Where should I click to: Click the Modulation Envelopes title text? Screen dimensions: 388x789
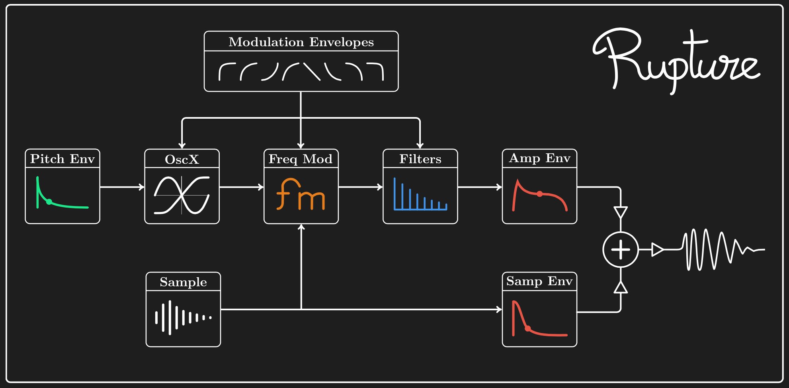[301, 42]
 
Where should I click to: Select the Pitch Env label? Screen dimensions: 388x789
[62, 159]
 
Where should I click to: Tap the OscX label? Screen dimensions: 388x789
[182, 159]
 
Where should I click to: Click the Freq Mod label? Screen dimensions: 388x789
[301, 159]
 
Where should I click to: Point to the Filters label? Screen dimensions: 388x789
[420, 159]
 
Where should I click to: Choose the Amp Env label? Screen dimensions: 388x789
[539, 158]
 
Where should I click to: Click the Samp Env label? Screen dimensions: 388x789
[539, 281]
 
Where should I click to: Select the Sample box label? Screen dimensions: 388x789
[183, 282]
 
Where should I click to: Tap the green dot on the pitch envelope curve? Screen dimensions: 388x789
[49, 202]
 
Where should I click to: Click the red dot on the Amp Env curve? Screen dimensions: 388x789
[539, 194]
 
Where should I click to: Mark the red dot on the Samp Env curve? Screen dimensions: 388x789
[527, 329]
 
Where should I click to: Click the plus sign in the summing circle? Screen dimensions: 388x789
[621, 250]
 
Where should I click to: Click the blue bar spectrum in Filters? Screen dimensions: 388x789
[420, 195]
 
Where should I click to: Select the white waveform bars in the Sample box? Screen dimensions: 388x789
[183, 317]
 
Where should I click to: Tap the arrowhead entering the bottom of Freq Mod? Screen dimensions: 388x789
[301, 227]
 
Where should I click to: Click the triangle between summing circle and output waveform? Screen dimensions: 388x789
[657, 250]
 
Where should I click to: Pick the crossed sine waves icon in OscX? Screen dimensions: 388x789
[182, 195]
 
